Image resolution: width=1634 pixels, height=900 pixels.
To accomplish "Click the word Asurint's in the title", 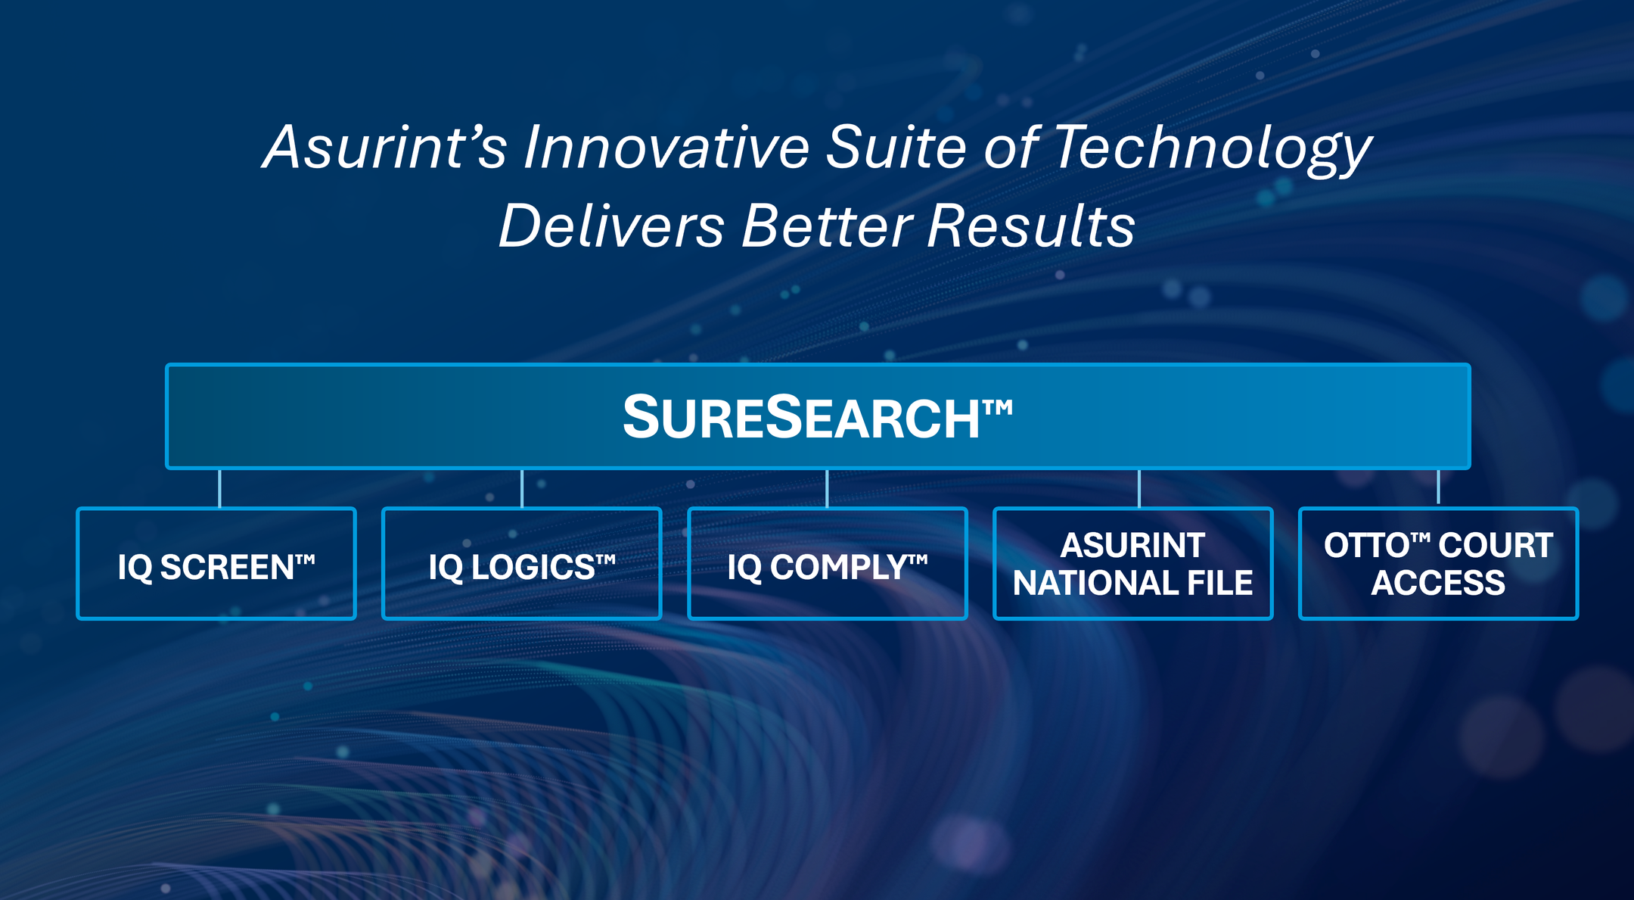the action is pos(385,147).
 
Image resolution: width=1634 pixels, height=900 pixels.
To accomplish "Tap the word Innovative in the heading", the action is pos(666,147).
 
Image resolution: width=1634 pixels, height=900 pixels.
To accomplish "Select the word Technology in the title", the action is pos(1213,151).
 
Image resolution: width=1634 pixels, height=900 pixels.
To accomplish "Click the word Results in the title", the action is pos(1031,226).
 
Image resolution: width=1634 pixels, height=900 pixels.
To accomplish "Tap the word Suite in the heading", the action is pos(896,147).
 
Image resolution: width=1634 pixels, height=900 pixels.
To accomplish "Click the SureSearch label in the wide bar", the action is pos(817,417).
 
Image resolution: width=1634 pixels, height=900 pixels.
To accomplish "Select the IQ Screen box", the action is pos(216,564).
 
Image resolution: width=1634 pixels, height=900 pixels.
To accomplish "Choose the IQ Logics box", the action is pos(522,564).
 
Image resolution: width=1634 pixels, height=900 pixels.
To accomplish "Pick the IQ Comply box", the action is pos(828,564).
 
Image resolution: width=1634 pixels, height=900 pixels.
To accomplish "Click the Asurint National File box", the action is pos(1133,564).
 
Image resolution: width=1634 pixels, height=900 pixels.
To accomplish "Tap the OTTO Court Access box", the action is pos(1439,564).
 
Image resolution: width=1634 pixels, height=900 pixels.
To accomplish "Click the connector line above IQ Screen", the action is pos(219,488).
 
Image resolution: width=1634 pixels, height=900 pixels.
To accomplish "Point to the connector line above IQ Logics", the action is pos(522,488).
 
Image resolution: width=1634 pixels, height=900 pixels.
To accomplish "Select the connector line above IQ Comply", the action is pos(827,488).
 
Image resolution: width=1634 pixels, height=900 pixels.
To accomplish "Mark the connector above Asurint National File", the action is pos(1139,488).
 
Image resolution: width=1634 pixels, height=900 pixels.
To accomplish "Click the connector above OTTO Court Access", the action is pos(1438,487).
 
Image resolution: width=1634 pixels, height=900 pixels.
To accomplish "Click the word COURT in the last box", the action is pos(1496,546).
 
